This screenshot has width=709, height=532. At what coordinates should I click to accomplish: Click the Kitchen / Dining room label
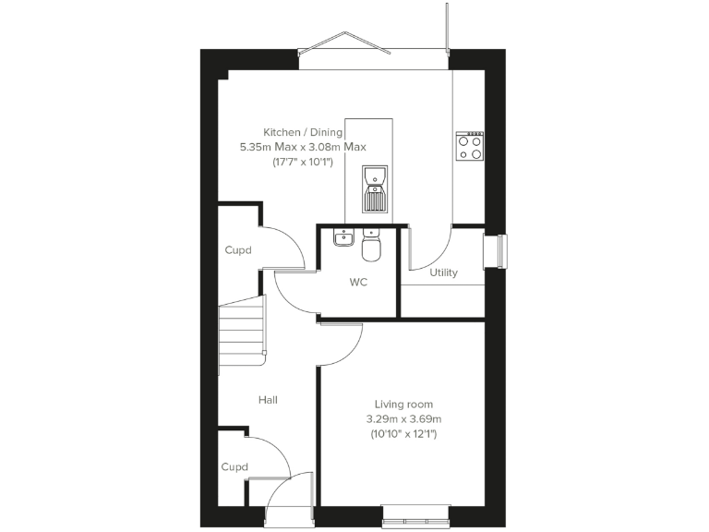coord(303,132)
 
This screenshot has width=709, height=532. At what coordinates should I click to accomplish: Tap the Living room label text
coord(403,405)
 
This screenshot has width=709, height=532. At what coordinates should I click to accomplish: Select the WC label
coord(358,283)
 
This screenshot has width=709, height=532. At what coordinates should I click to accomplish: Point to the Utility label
coord(443,272)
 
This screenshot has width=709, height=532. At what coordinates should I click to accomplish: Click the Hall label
coord(268,400)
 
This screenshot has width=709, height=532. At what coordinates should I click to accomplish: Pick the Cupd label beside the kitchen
coord(238,250)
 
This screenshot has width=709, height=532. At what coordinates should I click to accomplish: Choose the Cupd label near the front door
coord(234,467)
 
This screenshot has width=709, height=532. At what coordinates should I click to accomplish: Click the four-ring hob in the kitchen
coord(470,147)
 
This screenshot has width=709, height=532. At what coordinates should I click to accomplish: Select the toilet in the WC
coord(372,247)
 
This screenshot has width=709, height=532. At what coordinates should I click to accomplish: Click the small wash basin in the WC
coord(344,237)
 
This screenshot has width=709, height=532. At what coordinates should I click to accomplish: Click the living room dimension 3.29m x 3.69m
coord(403,418)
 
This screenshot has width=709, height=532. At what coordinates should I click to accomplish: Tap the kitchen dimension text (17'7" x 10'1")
coord(303,162)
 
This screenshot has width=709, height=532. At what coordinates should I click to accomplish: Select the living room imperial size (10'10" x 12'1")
coord(403,432)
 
